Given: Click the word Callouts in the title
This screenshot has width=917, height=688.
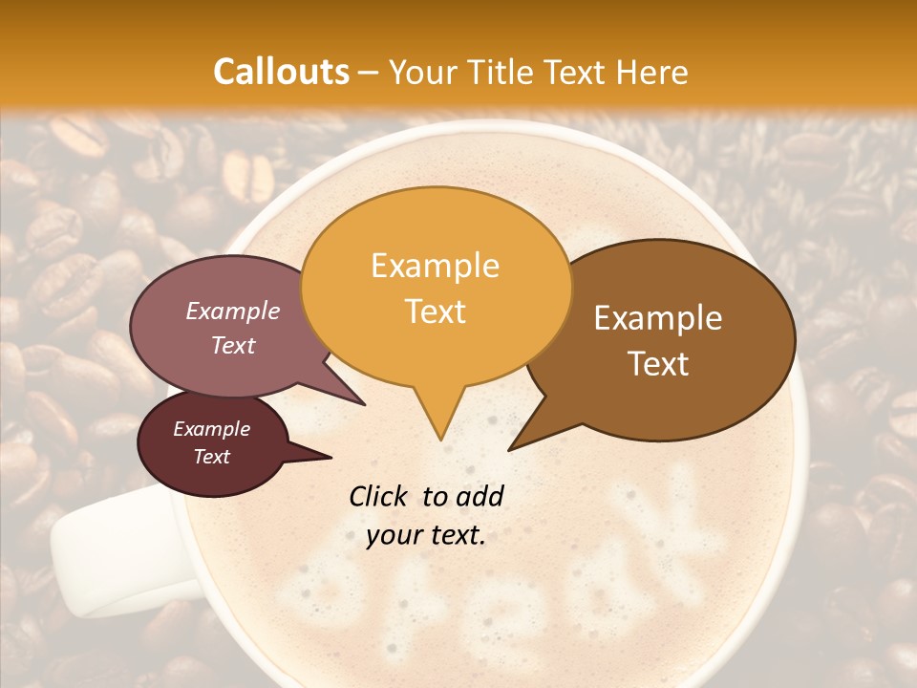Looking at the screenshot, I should coord(281,72).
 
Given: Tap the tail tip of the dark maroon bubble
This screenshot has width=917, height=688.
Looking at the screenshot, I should coord(331,457).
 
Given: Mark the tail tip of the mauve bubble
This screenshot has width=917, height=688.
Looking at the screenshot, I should coord(364,404).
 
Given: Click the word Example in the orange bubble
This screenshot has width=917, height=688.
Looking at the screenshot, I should coord(435,266).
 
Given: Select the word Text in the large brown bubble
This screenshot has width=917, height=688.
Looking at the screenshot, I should coord(659,364).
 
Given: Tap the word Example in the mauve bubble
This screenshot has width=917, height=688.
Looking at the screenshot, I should coord(232,311).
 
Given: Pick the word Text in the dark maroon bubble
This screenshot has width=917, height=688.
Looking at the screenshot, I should coord(212,457).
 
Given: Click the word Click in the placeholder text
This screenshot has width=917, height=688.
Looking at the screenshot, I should coord(380,496).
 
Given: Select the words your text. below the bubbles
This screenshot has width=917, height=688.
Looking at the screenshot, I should coord(426,536).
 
